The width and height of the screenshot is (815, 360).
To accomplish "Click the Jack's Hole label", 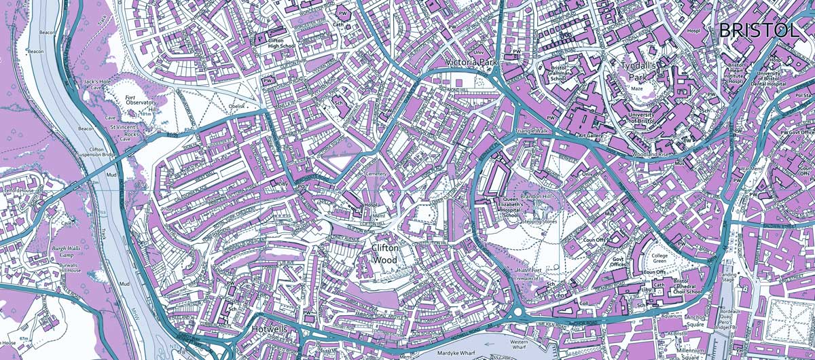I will click(x=96, y=82).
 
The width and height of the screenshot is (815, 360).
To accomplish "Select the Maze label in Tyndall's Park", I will click(x=636, y=88).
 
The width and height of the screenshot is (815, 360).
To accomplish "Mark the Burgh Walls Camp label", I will click(x=66, y=253).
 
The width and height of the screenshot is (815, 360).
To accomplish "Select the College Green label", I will click(x=664, y=259).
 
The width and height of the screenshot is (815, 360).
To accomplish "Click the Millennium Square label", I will click(x=678, y=353).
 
